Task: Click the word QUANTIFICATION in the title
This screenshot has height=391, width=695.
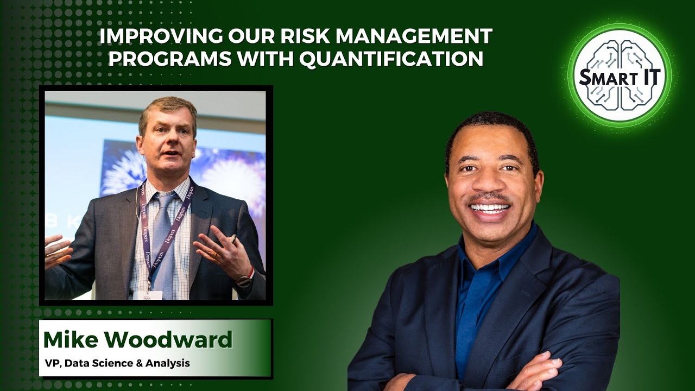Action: (x=391, y=58)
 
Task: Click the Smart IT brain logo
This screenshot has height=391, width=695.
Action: (x=619, y=75)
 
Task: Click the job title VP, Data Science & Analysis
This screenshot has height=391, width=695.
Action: (x=117, y=363)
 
